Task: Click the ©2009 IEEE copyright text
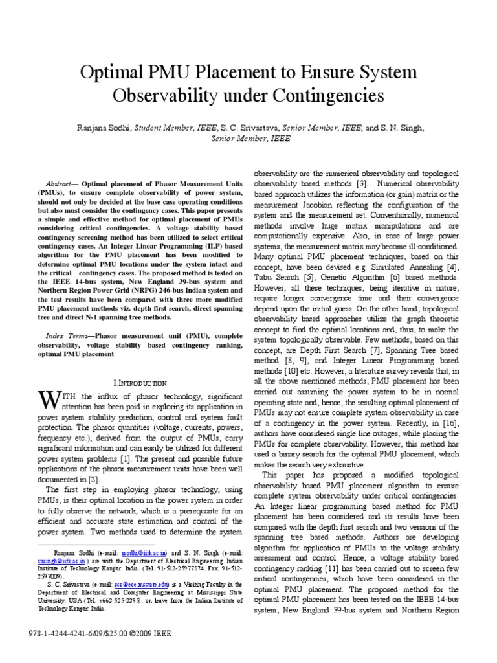tap(143, 633)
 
